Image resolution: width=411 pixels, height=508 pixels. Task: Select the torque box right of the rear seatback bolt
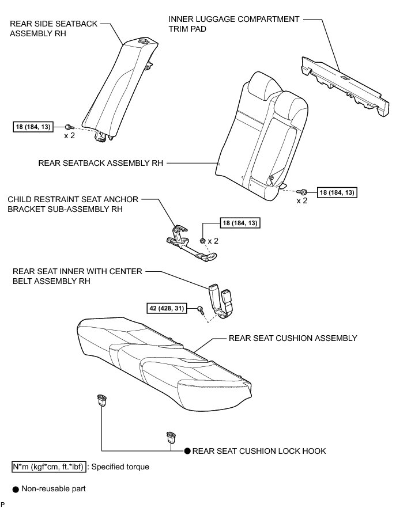pos(338,192)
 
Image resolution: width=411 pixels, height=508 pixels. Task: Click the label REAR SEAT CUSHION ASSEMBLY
pos(293,338)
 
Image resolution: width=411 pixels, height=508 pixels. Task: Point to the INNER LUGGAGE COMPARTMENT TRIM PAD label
pos(234,24)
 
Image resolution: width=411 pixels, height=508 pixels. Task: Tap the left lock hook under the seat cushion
pos(102,399)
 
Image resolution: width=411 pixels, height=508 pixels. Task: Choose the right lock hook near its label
pos(171,437)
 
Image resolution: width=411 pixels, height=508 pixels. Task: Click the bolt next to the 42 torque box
pos(200,309)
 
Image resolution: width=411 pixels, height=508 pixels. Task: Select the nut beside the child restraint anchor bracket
pos(203,240)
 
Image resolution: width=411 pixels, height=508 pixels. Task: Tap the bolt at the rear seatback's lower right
pos(303,191)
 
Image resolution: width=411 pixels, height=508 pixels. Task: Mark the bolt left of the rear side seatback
pos(69,127)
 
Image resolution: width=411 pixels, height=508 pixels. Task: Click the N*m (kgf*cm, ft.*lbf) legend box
pos(49,467)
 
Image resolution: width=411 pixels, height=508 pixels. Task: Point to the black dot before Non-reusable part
pos(16,489)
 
